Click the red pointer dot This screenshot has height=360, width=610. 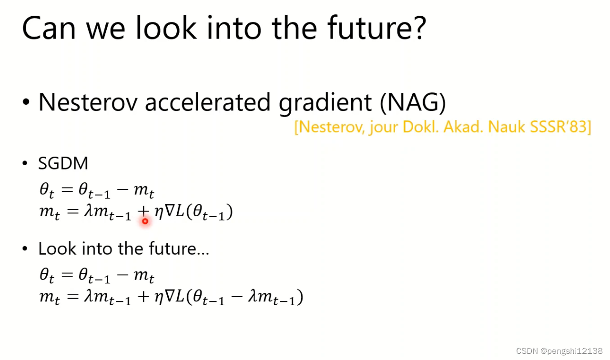point(145,221)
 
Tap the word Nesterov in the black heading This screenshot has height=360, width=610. point(88,102)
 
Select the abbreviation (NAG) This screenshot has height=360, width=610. point(413,102)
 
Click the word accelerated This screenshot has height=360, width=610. point(207,102)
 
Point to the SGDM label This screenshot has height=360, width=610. point(63,163)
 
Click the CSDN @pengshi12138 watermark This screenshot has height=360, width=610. point(559,351)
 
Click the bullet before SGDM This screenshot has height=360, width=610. point(25,163)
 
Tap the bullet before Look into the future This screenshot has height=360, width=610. point(25,249)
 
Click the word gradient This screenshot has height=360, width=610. point(325,103)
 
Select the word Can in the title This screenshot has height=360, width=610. point(49,28)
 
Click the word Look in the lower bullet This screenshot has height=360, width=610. point(57,249)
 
